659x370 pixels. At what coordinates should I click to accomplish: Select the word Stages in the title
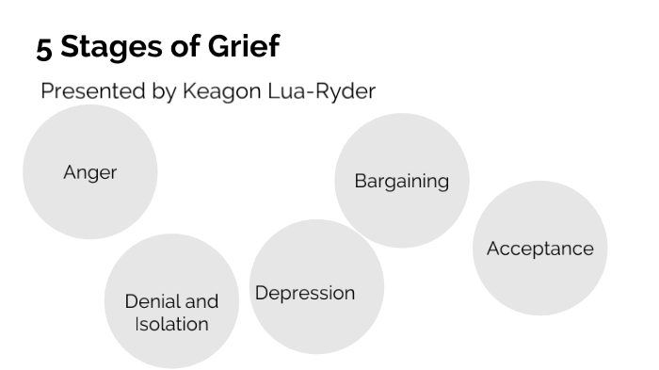tap(104, 47)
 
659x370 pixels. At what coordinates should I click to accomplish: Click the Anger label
tap(89, 172)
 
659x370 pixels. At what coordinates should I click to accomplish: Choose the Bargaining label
tap(401, 181)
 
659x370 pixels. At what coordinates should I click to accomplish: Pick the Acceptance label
tap(539, 249)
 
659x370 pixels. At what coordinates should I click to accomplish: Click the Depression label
tap(305, 293)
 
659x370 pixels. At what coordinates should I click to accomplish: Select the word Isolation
tap(171, 324)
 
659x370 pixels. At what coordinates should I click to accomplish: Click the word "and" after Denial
tap(201, 301)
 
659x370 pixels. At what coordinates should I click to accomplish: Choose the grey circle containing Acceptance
tap(539, 282)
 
